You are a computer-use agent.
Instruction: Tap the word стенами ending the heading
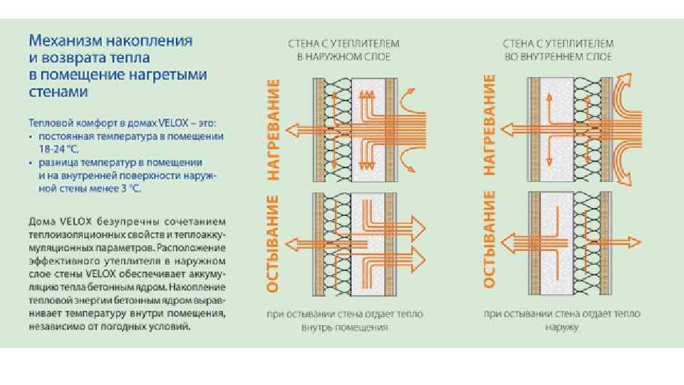(59, 92)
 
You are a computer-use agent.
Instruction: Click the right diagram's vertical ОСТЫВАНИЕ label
(489, 239)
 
